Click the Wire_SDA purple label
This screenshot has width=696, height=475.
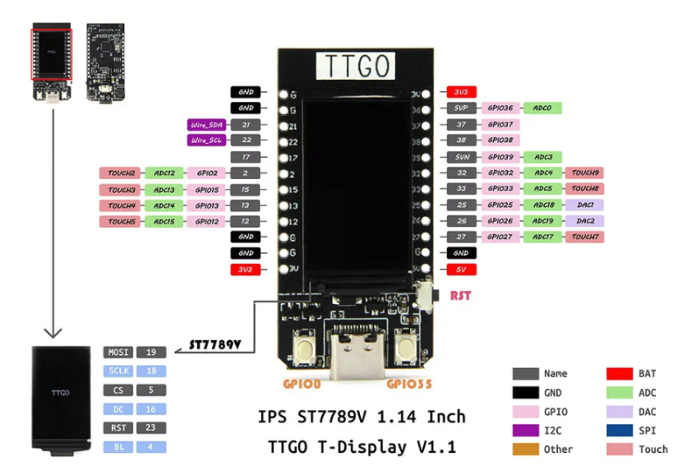(x=205, y=125)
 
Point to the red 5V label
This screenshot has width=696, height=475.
(x=461, y=269)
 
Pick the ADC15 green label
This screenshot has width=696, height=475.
(x=164, y=221)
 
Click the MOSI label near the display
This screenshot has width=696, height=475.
(x=118, y=352)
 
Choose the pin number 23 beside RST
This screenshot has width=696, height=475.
(x=151, y=427)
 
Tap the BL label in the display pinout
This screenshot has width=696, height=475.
(x=118, y=446)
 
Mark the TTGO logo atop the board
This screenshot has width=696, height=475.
(x=356, y=66)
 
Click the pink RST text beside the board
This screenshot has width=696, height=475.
(x=460, y=295)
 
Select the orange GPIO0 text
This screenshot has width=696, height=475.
(x=305, y=384)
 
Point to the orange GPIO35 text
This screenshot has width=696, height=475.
(x=408, y=384)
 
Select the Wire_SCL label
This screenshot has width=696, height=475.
(x=205, y=141)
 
